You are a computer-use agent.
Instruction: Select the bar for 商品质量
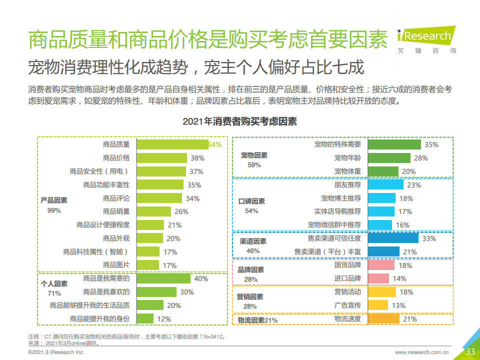click(x=172, y=144)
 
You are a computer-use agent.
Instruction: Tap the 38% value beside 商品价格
click(x=197, y=158)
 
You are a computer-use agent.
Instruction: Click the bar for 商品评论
click(x=161, y=198)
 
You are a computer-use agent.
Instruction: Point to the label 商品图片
click(x=116, y=265)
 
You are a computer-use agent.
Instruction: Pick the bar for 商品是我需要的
click(x=163, y=278)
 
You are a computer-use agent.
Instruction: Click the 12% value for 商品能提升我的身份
click(x=164, y=319)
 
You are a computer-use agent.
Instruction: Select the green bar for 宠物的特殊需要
click(x=394, y=144)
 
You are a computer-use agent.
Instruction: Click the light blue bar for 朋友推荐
click(x=385, y=185)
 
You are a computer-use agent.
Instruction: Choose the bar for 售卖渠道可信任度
click(x=393, y=238)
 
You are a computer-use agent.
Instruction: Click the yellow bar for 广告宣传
click(x=378, y=305)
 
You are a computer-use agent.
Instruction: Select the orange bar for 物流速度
click(x=383, y=319)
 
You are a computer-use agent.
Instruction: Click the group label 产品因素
click(x=54, y=200)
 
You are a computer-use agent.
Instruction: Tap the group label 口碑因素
click(x=252, y=201)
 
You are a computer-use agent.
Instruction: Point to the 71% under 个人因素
click(x=54, y=293)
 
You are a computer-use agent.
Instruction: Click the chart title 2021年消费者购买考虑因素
click(x=239, y=121)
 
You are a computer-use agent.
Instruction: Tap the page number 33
click(x=470, y=351)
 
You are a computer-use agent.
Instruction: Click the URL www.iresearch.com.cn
click(x=422, y=352)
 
